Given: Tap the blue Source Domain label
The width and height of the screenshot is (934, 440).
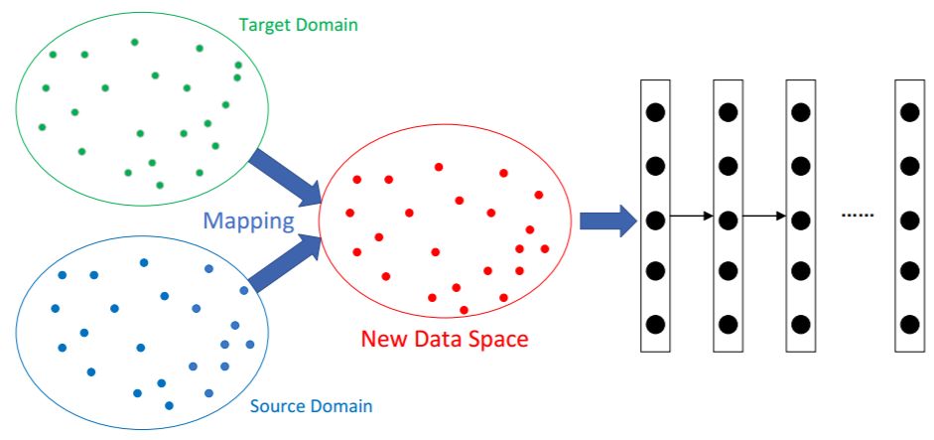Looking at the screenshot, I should (311, 406).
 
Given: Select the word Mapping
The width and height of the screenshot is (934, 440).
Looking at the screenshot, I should (249, 220).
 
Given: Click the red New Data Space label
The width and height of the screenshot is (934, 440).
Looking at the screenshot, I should (444, 339).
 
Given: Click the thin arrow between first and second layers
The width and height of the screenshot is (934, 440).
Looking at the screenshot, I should (692, 216).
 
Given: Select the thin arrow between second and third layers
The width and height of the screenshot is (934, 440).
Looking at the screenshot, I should (764, 216).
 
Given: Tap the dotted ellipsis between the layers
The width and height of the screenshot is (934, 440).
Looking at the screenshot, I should (857, 216).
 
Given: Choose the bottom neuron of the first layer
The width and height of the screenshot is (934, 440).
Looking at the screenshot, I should (655, 324).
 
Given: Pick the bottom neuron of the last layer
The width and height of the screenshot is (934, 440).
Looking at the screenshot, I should (909, 324).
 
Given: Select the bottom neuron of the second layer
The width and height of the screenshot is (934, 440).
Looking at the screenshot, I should (728, 324).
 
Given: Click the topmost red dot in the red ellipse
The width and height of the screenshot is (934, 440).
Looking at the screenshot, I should (439, 167).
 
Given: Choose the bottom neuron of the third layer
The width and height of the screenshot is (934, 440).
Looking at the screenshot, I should (800, 324).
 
